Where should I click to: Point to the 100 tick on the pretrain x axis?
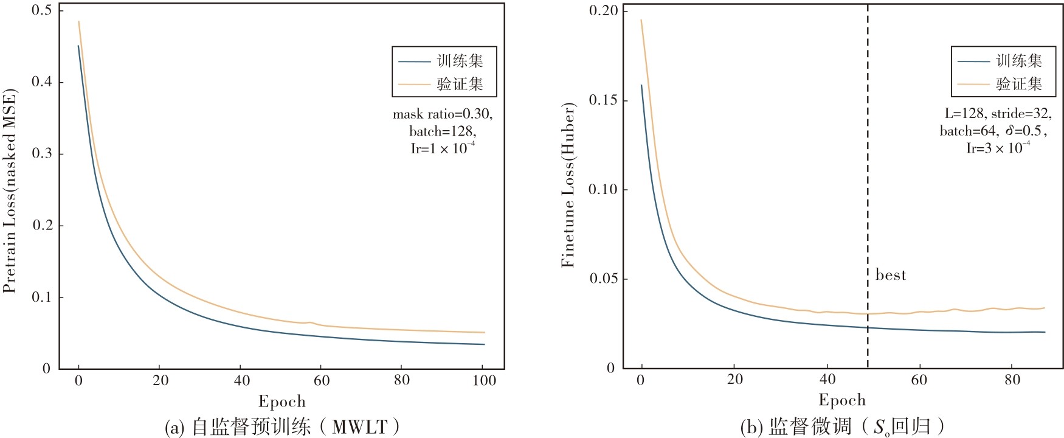[485, 381]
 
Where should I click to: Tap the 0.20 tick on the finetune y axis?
[603, 11]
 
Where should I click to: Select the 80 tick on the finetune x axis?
[1012, 380]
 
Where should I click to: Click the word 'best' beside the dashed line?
[890, 275]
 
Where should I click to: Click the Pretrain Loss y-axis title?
[10, 191]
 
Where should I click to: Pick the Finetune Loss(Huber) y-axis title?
[568, 185]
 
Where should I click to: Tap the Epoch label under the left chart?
[282, 402]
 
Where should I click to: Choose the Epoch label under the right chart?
[842, 400]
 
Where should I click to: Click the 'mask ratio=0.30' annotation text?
[443, 114]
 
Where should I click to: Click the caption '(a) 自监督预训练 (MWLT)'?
[283, 427]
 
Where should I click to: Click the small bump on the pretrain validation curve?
[309, 322]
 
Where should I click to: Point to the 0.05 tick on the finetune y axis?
[603, 279]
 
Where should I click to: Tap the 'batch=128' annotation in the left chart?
[443, 131]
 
